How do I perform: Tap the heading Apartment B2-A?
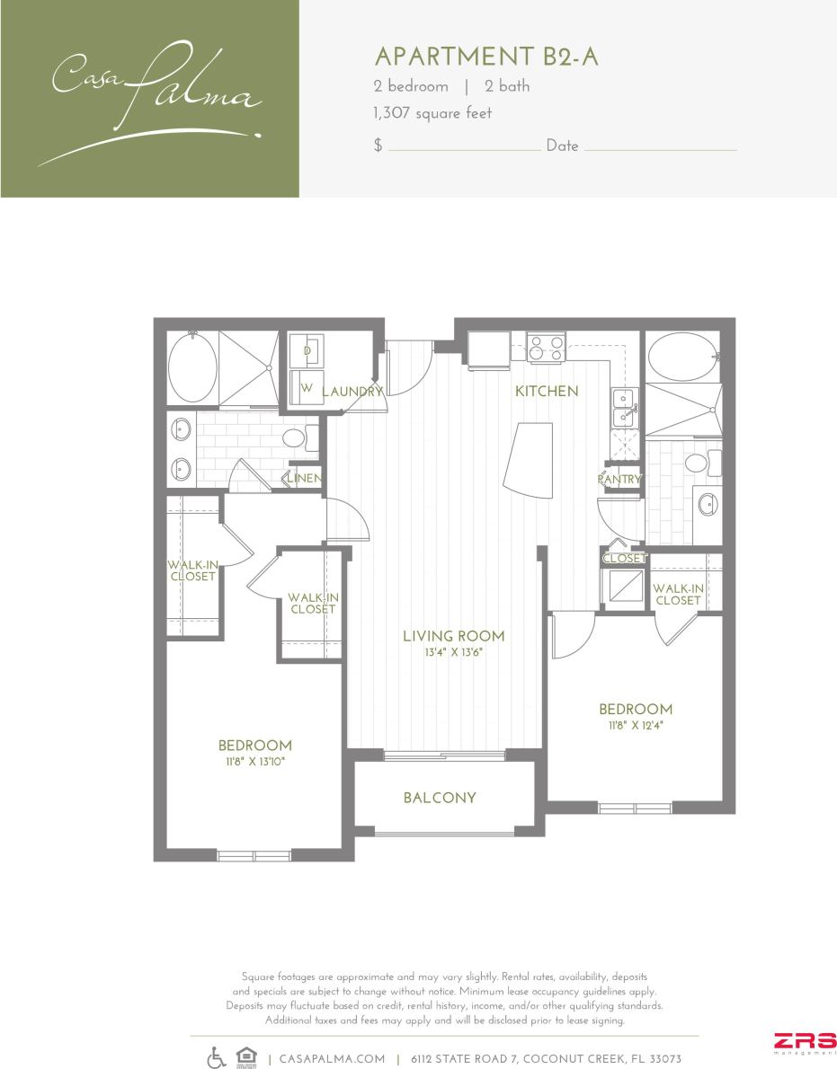tap(485, 57)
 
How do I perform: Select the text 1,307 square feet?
tap(432, 113)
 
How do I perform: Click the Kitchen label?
tap(546, 392)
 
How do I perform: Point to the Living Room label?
tap(453, 636)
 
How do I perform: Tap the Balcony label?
tap(440, 798)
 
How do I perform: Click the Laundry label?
tap(352, 392)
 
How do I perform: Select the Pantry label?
tap(619, 480)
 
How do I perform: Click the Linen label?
tap(304, 479)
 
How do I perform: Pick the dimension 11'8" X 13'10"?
tap(254, 762)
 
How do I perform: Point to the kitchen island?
tap(531, 462)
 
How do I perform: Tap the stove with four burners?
tap(545, 347)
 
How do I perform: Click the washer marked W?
tap(306, 388)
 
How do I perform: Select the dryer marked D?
tap(307, 349)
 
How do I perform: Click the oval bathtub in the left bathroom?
tap(192, 368)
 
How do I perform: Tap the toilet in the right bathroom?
tap(699, 464)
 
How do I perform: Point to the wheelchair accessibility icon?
tap(217, 1058)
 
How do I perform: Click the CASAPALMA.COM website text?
tap(333, 1059)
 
